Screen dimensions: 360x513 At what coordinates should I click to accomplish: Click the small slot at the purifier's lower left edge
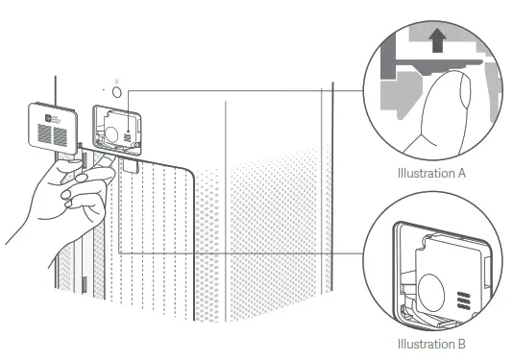tap(84, 285)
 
